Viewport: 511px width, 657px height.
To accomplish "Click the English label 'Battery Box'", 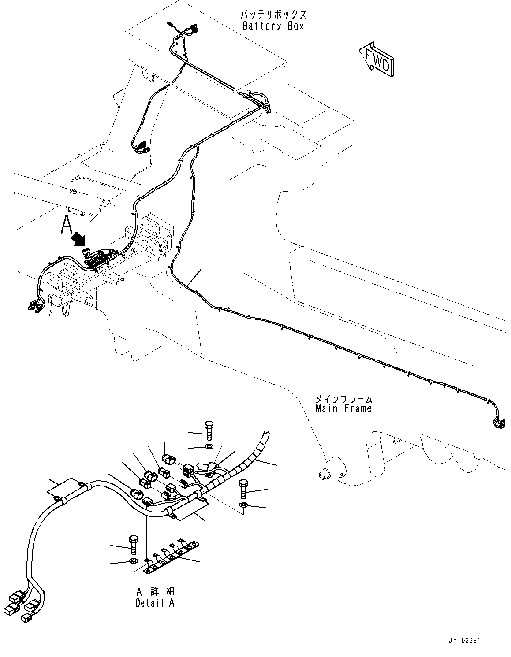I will click(273, 26).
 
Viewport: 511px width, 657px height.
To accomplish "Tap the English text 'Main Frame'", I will click(343, 408).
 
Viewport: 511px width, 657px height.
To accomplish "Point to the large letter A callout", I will click(66, 225).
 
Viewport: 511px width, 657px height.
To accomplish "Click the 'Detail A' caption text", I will click(155, 603).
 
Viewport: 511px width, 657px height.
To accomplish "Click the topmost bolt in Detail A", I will click(209, 429).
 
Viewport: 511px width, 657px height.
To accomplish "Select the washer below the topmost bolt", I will click(209, 448).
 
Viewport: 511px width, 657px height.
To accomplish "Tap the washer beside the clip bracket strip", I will click(133, 561).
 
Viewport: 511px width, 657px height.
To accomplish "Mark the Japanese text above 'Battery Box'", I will click(273, 15).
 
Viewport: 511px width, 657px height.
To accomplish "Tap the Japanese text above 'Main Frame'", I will click(343, 399).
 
